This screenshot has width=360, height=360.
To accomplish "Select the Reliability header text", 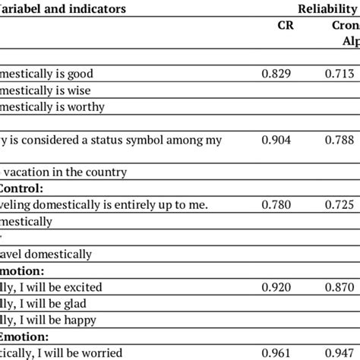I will pos(326,10).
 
